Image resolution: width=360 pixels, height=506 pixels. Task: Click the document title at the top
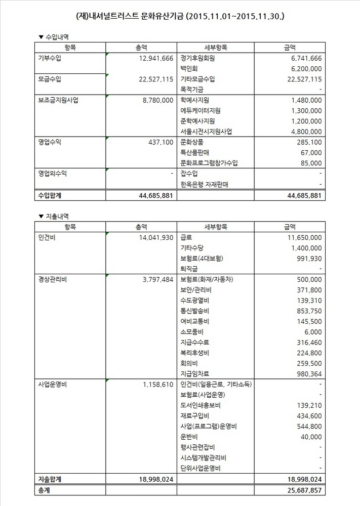point(180,17)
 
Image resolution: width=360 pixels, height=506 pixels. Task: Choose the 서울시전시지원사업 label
point(206,132)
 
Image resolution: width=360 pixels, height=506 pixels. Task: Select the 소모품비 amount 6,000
point(313,332)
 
